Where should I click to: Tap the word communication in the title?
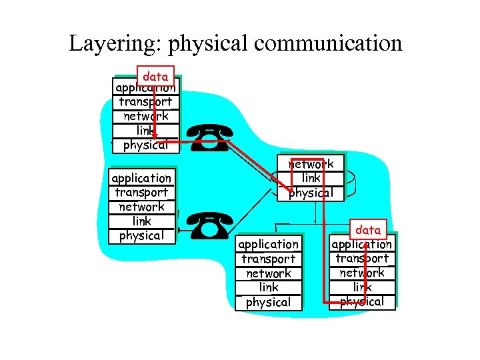pyautogui.click(x=328, y=44)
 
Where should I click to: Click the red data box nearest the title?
pyautogui.click(x=155, y=77)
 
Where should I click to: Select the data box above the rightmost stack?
pyautogui.click(x=368, y=230)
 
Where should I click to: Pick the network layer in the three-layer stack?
pyautogui.click(x=311, y=164)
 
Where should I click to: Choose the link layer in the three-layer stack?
pyautogui.click(x=311, y=179)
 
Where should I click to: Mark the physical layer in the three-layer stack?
pyautogui.click(x=311, y=193)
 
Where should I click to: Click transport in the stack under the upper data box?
pyautogui.click(x=145, y=102)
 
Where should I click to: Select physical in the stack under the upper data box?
pyautogui.click(x=145, y=145)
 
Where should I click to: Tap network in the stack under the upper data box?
pyautogui.click(x=145, y=117)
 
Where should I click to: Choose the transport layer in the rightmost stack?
pyautogui.click(x=362, y=259)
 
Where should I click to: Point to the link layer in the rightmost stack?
pyautogui.click(x=362, y=287)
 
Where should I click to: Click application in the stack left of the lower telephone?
pyautogui.click(x=141, y=178)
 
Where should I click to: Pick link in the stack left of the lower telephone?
pyautogui.click(x=141, y=221)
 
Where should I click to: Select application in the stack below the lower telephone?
pyautogui.click(x=268, y=245)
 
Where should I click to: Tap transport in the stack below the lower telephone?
pyautogui.click(x=268, y=259)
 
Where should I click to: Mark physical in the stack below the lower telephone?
pyautogui.click(x=268, y=303)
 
